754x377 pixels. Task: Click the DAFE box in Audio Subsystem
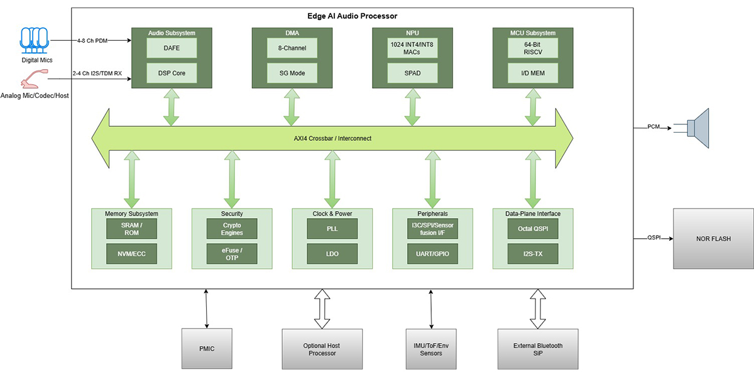(x=172, y=48)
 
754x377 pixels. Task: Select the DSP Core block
(x=172, y=73)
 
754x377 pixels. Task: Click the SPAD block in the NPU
(x=412, y=73)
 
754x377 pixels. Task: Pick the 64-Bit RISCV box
(x=533, y=48)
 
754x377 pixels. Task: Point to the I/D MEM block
(x=533, y=73)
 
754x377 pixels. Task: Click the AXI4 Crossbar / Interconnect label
(x=332, y=138)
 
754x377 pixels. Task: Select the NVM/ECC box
(x=131, y=254)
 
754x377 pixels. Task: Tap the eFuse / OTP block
(x=232, y=254)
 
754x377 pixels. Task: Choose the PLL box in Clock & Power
(x=332, y=229)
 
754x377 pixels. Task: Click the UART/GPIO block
(x=432, y=254)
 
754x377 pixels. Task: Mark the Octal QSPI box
(x=533, y=229)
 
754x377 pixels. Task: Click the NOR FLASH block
(x=713, y=239)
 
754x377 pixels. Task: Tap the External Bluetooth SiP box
(x=538, y=347)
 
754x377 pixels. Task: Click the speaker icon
(x=697, y=128)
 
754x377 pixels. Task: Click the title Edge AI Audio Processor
(x=352, y=16)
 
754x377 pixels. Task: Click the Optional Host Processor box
(x=322, y=347)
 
